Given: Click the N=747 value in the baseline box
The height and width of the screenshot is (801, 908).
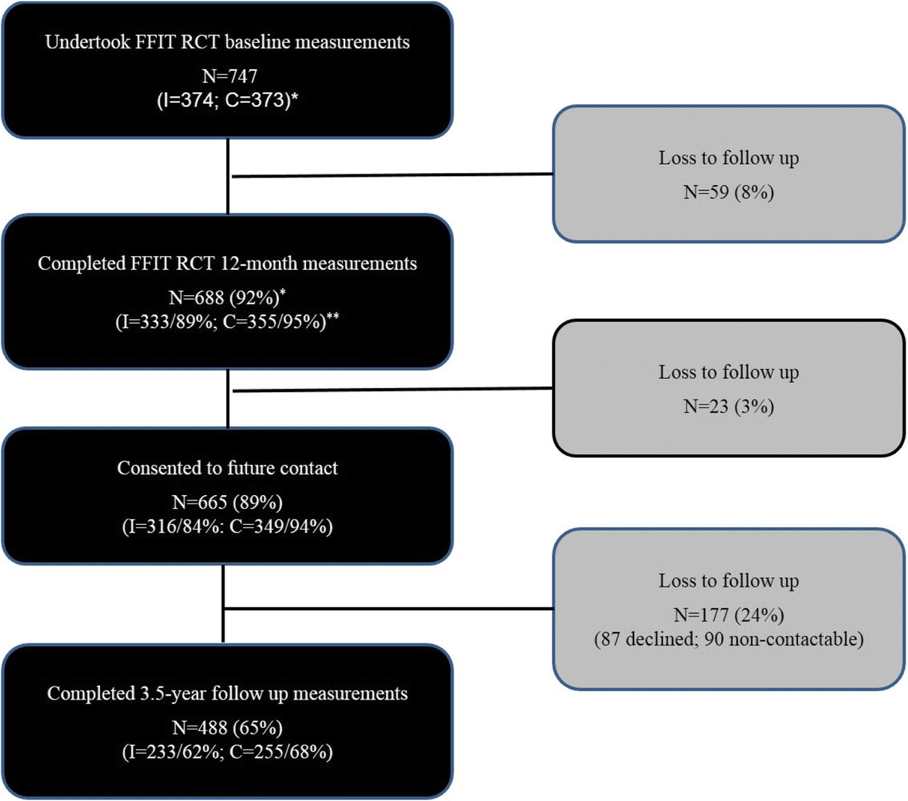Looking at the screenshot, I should (228, 76).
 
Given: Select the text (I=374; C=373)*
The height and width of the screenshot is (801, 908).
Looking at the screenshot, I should (228, 100).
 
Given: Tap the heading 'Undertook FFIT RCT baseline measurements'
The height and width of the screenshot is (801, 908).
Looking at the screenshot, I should (228, 42).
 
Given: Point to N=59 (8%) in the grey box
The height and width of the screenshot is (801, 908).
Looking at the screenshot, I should (728, 192).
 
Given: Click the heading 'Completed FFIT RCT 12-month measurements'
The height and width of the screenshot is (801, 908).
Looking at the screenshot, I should (228, 264).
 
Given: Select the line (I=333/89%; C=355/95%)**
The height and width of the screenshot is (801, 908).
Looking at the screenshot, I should (228, 321).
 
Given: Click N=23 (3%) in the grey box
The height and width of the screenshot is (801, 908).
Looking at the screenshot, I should (728, 406).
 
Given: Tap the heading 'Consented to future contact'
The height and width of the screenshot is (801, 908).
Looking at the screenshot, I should (228, 468).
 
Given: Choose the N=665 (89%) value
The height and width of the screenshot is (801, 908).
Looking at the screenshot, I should (228, 502).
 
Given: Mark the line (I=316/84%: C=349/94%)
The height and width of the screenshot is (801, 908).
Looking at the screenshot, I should (228, 527).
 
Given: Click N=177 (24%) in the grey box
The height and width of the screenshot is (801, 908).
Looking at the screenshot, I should (728, 615).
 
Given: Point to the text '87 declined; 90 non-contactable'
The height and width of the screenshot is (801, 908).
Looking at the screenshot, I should (728, 639).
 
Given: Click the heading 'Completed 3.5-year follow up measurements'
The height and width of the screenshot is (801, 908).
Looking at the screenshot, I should (228, 693).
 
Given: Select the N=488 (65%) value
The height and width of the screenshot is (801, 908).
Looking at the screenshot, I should (228, 727).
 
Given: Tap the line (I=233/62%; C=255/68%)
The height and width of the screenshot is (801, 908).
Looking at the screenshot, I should (228, 751).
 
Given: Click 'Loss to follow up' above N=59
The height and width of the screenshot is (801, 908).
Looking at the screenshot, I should (728, 158).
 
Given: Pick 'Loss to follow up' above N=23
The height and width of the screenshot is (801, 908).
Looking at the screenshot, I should (728, 372).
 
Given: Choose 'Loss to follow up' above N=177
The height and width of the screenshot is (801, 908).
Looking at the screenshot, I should (728, 581).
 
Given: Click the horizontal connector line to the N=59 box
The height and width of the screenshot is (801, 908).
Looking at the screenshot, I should (392, 175).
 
